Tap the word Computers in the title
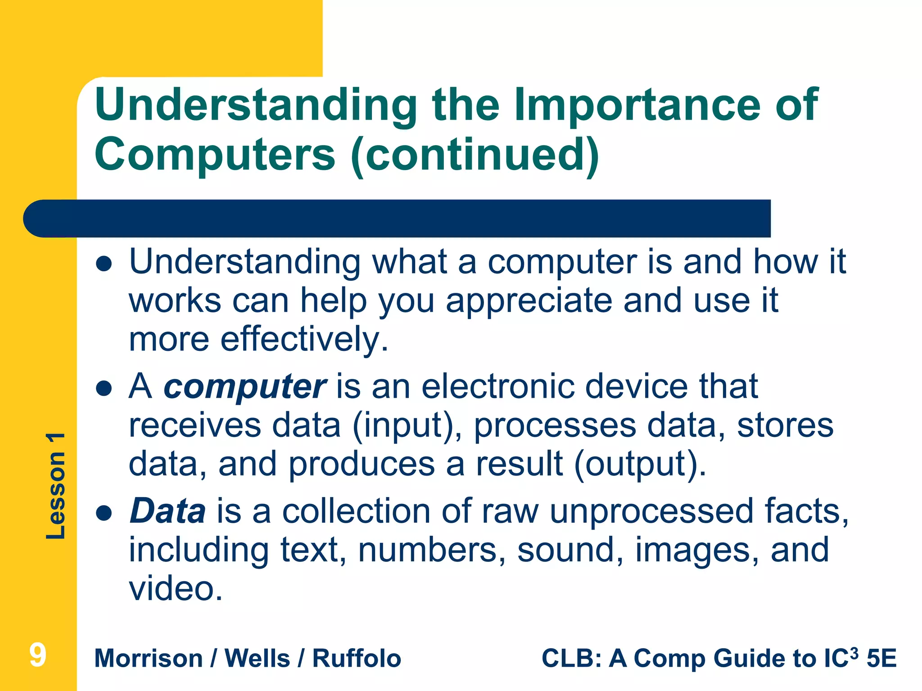pyautogui.click(x=215, y=154)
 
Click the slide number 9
pyautogui.click(x=38, y=655)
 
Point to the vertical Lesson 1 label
pyautogui.click(x=56, y=486)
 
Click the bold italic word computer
pyautogui.click(x=244, y=387)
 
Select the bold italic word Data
pyautogui.click(x=167, y=512)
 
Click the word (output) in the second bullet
pyautogui.click(x=640, y=464)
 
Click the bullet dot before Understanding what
pyautogui.click(x=104, y=264)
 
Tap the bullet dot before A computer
pyautogui.click(x=104, y=388)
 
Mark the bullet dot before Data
pyautogui.click(x=104, y=513)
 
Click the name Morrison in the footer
pyautogui.click(x=149, y=659)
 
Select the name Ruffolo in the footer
pyautogui.click(x=357, y=659)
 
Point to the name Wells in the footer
pyautogui.click(x=258, y=659)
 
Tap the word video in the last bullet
pyautogui.click(x=176, y=589)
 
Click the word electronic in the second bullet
pyautogui.click(x=498, y=387)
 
